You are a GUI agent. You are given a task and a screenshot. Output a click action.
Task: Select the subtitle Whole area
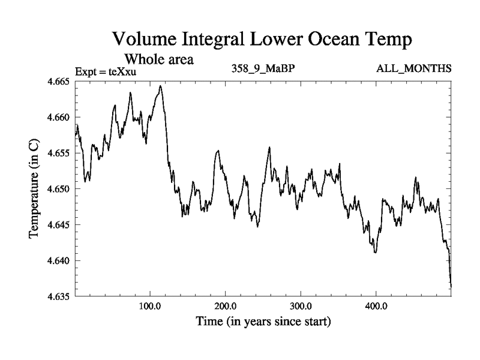(158, 59)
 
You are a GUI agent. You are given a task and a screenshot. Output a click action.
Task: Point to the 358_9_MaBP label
(263, 68)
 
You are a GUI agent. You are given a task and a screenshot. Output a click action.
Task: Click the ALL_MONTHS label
(413, 68)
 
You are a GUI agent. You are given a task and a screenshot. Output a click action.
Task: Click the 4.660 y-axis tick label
(58, 117)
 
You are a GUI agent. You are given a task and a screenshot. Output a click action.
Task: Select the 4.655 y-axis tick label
(58, 153)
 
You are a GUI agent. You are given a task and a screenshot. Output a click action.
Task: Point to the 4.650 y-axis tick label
(58, 189)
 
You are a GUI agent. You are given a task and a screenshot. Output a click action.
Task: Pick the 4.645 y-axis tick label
(58, 225)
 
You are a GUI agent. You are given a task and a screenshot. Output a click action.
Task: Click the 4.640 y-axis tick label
(58, 261)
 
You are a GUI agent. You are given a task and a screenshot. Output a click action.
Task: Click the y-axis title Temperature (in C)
(34, 188)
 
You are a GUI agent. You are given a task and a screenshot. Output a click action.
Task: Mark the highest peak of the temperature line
(160, 86)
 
